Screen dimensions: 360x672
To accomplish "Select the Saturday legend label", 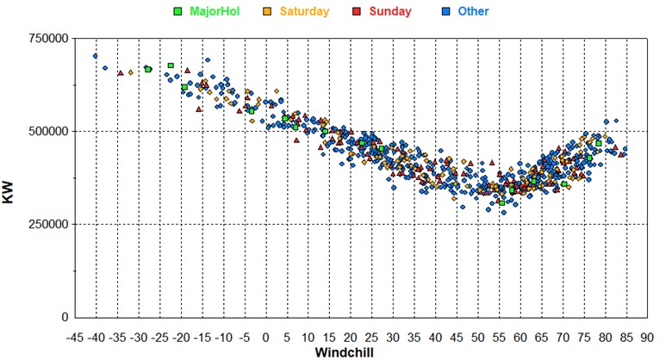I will tap(304, 12).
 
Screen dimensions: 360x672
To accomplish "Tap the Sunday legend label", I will tap(389, 12).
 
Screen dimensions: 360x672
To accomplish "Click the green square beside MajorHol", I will tap(178, 12).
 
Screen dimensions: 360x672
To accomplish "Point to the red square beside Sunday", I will tap(356, 12).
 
